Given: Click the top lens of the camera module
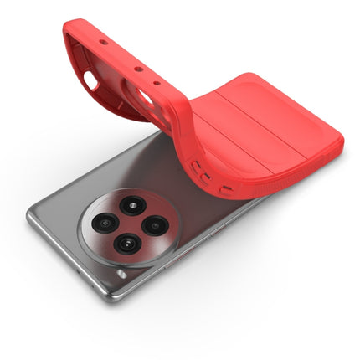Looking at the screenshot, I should (x=132, y=205).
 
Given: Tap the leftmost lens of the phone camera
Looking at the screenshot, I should (x=105, y=223).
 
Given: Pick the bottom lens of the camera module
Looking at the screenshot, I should (x=127, y=243).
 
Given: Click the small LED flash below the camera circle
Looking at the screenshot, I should (x=122, y=274).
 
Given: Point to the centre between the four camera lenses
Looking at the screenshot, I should (x=130, y=224).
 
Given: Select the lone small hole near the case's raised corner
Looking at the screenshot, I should (x=101, y=40).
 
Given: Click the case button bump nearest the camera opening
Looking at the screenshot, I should (x=195, y=167).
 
